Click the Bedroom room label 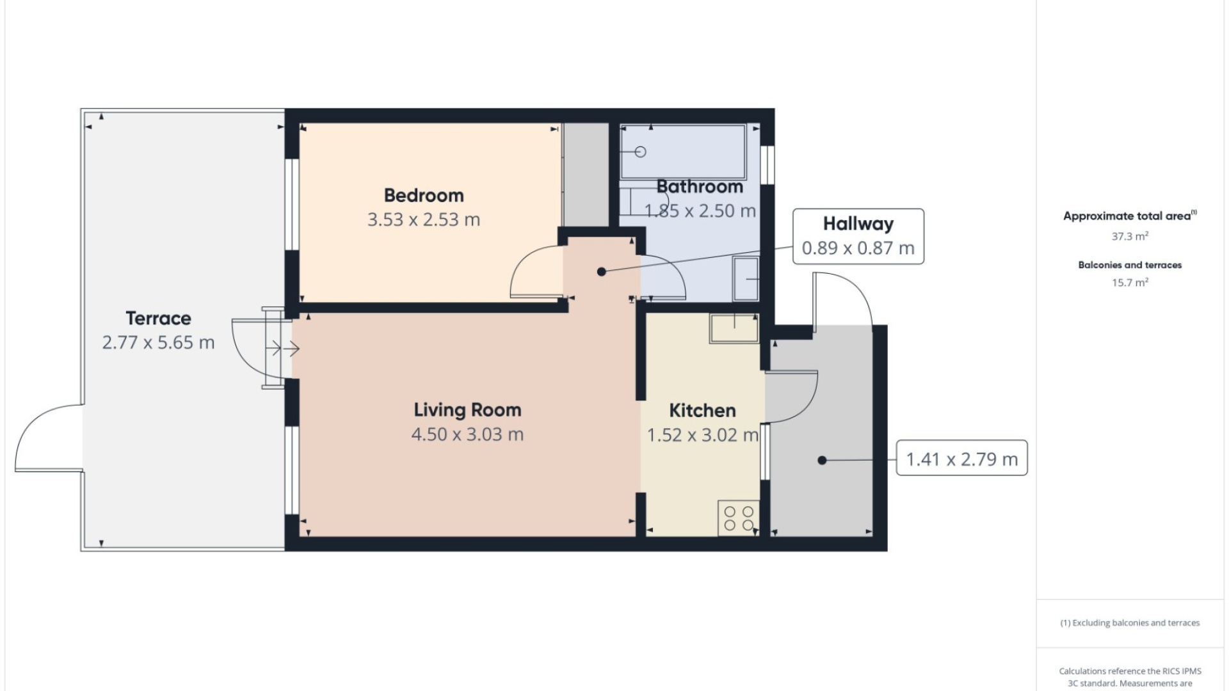tap(424, 195)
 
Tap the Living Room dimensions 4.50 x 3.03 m tap(467, 434)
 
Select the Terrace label tap(158, 318)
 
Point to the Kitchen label tap(702, 410)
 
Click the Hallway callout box tap(858, 236)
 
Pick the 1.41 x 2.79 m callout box tap(961, 458)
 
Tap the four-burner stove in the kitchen tap(739, 518)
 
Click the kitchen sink tap(734, 328)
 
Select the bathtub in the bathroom tap(684, 152)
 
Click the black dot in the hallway tap(601, 272)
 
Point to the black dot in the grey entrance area tap(822, 460)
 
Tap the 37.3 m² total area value tap(1130, 236)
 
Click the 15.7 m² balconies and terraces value tap(1130, 282)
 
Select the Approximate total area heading tap(1130, 216)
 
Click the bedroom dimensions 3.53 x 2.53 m tap(424, 219)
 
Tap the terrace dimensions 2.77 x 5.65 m tap(158, 342)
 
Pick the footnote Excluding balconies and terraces tap(1130, 623)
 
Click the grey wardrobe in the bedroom tap(586, 175)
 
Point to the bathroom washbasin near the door tap(746, 278)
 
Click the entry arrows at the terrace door tap(282, 349)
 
